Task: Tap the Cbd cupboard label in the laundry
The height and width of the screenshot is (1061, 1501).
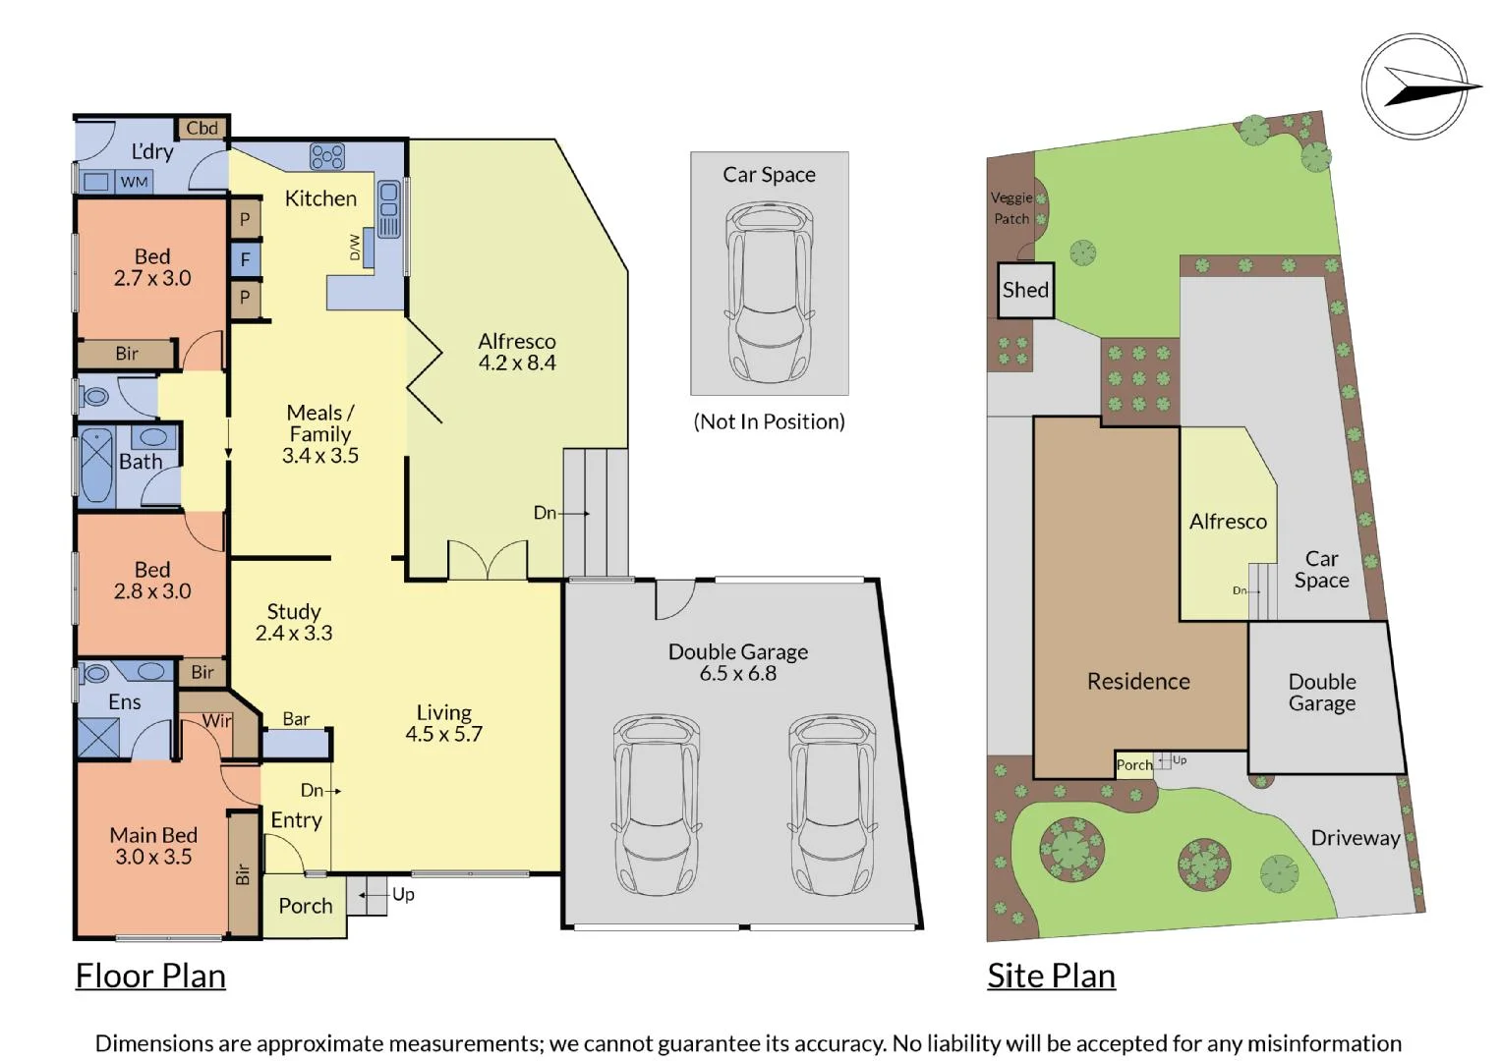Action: pos(202,128)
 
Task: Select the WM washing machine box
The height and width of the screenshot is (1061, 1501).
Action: pos(135,182)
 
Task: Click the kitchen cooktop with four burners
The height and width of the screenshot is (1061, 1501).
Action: pos(327,156)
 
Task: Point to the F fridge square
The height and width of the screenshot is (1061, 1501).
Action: pos(245,259)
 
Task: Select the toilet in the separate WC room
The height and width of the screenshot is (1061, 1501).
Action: pos(95,397)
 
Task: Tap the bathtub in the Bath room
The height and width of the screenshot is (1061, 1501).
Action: pos(96,465)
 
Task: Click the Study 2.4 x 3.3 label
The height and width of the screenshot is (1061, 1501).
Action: pos(294,622)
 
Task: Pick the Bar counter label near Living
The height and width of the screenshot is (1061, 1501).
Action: pos(296,719)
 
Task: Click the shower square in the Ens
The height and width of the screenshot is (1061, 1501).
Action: pos(98,738)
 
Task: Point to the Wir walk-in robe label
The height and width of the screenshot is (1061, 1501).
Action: pos(217,721)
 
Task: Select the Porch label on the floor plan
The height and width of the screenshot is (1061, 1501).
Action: pos(305,906)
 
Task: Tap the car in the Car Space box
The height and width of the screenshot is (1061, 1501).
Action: pos(769,292)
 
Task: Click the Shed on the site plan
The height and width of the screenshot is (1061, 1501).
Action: pos(1025,290)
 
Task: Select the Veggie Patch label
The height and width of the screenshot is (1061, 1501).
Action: pos(1011,208)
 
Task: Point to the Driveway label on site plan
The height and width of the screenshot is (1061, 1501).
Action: pos(1355,838)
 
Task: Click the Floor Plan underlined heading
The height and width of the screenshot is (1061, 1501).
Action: pos(150,976)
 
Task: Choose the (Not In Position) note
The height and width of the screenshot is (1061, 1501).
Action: pos(769,421)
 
